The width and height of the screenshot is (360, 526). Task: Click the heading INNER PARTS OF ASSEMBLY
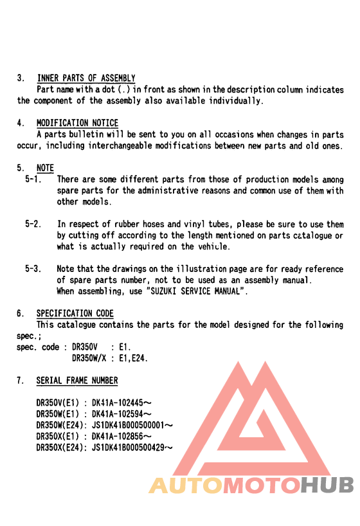(85, 78)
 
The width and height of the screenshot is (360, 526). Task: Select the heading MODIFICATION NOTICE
(77, 123)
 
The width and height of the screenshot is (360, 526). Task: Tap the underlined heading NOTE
(45, 168)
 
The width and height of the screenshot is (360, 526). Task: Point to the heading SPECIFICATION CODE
(75, 314)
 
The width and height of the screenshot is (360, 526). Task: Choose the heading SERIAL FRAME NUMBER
(77, 381)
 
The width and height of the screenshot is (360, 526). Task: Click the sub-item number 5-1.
(33, 180)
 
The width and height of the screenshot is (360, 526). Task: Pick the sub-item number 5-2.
(33, 224)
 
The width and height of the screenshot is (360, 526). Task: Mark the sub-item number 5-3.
(33, 269)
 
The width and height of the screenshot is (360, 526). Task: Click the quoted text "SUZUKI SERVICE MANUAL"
(197, 291)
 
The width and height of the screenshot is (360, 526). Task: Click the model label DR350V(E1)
(57, 404)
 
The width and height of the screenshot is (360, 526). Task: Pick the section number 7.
(20, 381)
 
